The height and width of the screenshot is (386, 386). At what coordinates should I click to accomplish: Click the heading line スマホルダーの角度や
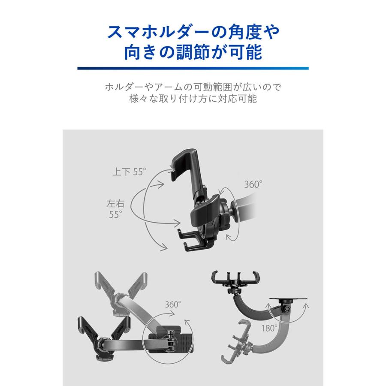(193, 32)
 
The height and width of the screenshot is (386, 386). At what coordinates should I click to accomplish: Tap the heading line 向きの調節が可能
(193, 54)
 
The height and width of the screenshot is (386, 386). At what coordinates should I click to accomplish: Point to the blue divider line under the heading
(193, 68)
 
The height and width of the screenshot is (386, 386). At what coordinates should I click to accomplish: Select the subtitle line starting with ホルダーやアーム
(193, 87)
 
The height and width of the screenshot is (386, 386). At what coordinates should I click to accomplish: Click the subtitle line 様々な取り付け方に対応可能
(193, 100)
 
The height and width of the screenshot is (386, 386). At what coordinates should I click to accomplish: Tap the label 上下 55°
(129, 172)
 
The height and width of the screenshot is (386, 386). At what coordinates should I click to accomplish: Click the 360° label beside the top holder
(253, 185)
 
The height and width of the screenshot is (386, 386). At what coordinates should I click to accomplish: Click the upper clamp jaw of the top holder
(184, 161)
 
